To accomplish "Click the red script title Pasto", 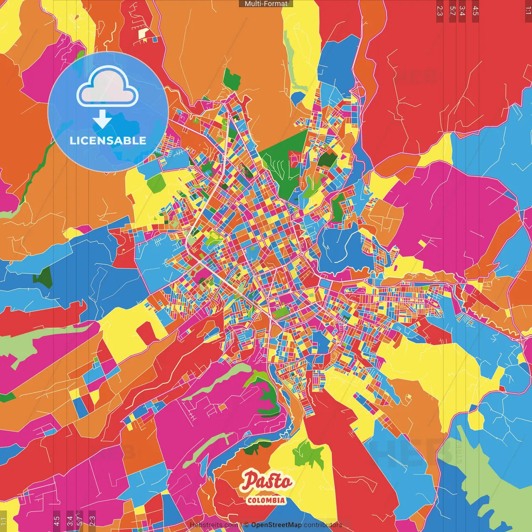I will (267, 481).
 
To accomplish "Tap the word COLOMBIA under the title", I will (266, 500).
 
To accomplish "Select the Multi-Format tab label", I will (266, 4).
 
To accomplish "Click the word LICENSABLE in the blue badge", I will (108, 140).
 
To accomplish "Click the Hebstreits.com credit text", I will (214, 525).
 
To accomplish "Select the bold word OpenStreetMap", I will (276, 525).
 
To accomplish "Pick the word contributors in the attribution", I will (323, 525).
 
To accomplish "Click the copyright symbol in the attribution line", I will (246, 525).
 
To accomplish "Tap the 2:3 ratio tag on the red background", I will (440, 11).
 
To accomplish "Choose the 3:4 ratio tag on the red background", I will (462, 11).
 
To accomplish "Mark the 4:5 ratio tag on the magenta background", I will (57, 521).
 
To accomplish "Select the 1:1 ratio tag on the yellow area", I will (3, 521).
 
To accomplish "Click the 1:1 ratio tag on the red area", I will (528, 11).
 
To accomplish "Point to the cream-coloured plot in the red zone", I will (143, 32).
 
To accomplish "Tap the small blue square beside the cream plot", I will (155, 39).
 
